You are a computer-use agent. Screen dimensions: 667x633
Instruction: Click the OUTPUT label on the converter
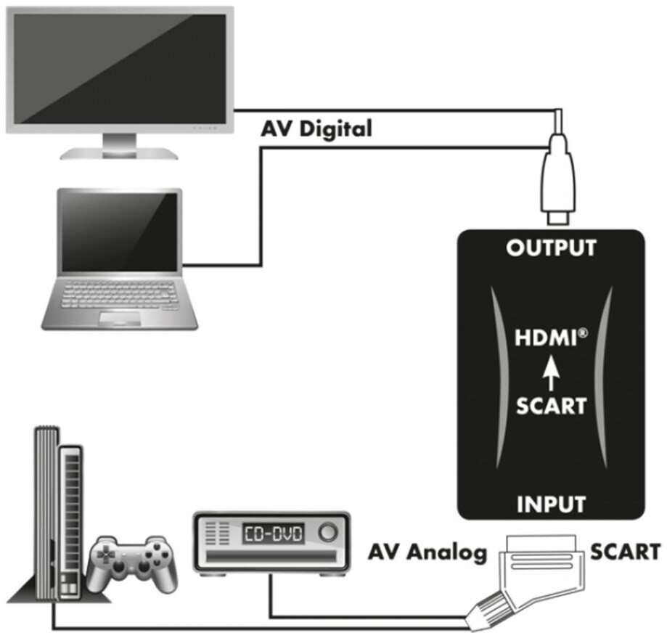coord(552,248)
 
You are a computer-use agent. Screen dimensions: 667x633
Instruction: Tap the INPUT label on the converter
coord(552,504)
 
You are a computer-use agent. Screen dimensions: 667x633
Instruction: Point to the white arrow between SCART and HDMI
coord(552,373)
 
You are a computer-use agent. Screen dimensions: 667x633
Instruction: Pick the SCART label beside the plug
coord(626,552)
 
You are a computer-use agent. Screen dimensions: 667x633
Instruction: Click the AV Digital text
coord(316,128)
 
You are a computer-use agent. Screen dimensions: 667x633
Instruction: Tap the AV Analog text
coord(427,552)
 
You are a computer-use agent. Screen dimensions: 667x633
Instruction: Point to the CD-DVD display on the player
coord(274,534)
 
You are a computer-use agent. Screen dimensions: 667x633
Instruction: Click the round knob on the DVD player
coord(327,532)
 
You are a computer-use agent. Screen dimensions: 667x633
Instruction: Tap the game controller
coord(132,563)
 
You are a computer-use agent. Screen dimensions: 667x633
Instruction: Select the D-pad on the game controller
coord(103,555)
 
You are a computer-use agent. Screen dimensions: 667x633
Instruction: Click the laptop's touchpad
coord(120,318)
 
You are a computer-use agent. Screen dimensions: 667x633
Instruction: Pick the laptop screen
coord(120,232)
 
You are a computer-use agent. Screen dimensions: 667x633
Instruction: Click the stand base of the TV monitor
coord(119,154)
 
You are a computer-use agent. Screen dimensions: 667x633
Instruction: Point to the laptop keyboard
coord(120,295)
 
